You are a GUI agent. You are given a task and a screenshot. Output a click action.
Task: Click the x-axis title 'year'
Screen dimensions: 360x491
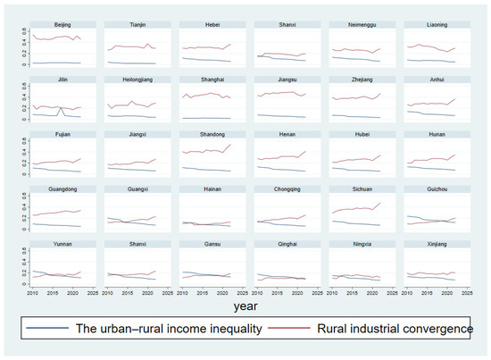click(x=245, y=305)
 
